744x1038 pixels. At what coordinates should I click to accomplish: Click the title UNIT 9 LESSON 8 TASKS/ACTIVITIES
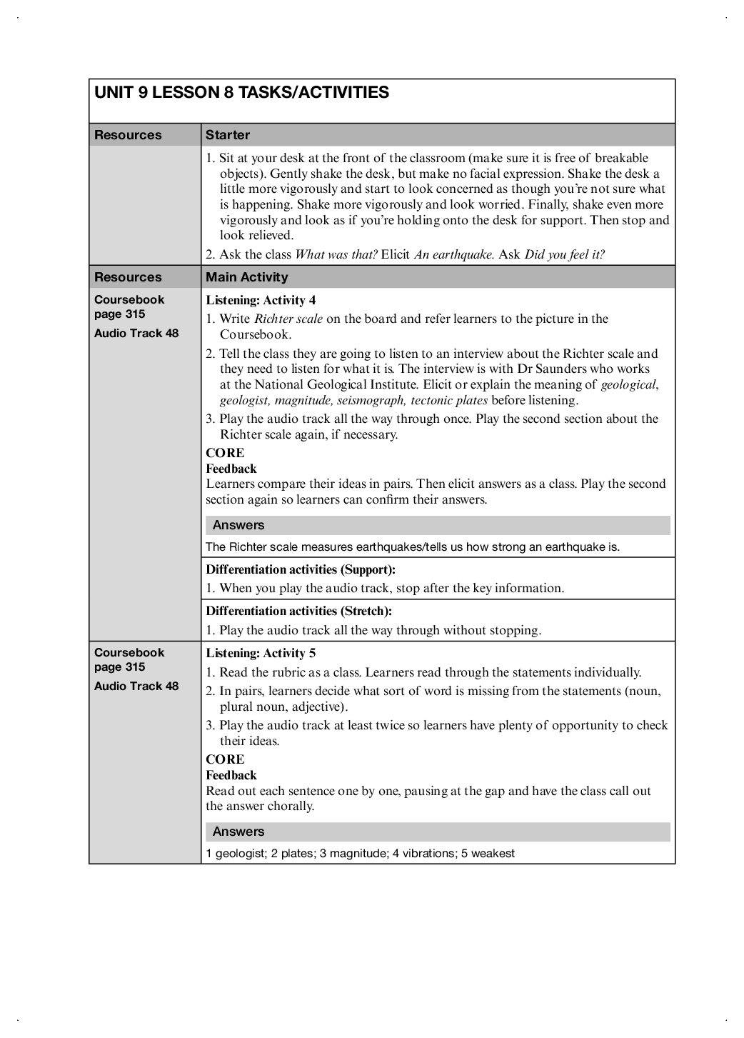coord(241,93)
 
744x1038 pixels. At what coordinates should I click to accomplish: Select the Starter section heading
coord(228,135)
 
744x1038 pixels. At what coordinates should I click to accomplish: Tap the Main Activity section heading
coord(246,277)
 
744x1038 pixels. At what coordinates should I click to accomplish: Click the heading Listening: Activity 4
coord(261,300)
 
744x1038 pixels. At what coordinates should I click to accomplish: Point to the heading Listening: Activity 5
coord(261,653)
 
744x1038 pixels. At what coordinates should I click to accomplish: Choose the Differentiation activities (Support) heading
coord(301,569)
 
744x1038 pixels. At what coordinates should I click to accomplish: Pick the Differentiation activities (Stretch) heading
coord(299,611)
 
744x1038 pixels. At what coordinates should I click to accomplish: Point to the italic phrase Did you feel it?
coord(564,254)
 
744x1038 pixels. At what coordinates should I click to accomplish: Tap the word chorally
coord(291,807)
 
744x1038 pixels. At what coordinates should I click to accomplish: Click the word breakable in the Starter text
coord(621,158)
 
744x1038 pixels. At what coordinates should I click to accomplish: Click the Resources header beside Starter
coord(128,135)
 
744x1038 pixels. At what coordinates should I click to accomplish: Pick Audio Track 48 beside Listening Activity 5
coord(136,687)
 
